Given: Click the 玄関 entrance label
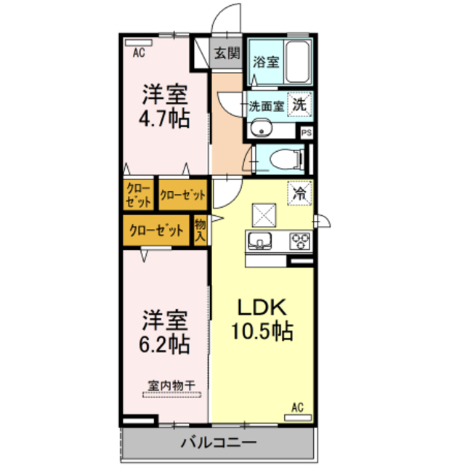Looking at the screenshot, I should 227,52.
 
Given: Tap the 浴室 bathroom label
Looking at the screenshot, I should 265,62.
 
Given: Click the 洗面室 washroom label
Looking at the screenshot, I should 266,105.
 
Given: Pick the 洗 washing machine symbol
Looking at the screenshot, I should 299,104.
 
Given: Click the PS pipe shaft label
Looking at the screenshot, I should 307,133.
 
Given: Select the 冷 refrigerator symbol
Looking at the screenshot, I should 299,193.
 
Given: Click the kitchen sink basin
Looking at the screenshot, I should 260,240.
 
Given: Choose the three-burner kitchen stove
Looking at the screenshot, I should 299,240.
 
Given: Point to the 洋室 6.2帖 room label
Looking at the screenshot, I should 165,331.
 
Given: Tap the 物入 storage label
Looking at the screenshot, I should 201,231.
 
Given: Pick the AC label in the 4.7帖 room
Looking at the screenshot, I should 139,52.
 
